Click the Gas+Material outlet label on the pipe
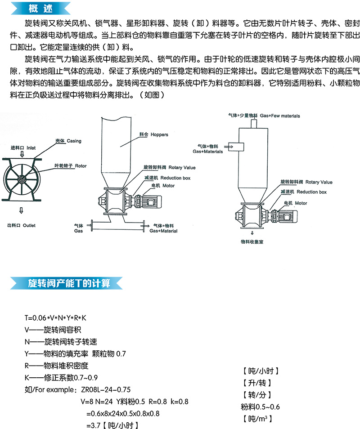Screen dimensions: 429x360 pyautogui.click(x=163, y=228)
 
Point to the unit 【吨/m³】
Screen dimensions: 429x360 pyautogui.click(x=257, y=419)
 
